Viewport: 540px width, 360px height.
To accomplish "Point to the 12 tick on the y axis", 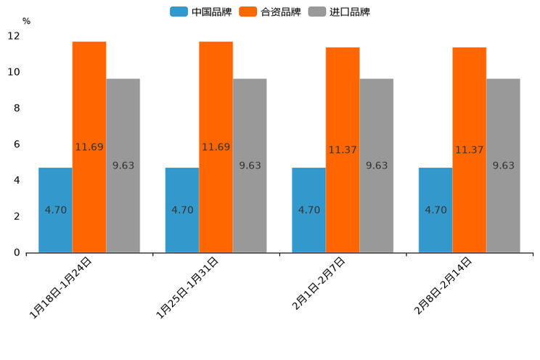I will pyautogui.click(x=15, y=36).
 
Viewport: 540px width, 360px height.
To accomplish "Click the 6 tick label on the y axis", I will pyautogui.click(x=17, y=144).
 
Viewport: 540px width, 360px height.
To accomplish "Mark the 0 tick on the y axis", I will pyautogui.click(x=17, y=253).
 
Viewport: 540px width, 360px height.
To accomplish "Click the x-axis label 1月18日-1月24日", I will pyautogui.click(x=61, y=287).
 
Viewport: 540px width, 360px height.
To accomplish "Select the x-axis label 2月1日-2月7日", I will pyautogui.click(x=319, y=284).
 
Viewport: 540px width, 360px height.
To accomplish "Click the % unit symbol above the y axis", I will pyautogui.click(x=26, y=21).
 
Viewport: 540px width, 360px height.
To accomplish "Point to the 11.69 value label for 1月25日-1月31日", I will pyautogui.click(x=216, y=147).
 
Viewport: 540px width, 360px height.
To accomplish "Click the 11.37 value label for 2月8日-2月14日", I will pyautogui.click(x=470, y=150).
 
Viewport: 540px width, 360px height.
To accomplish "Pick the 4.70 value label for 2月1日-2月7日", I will pyautogui.click(x=309, y=210).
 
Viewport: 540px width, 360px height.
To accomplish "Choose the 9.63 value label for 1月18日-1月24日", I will pyautogui.click(x=123, y=165).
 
